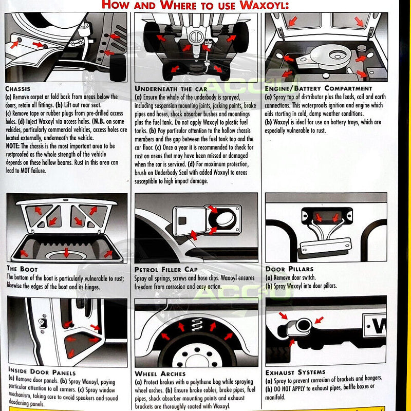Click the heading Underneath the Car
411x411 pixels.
(x=171, y=88)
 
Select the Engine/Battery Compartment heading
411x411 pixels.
(x=318, y=88)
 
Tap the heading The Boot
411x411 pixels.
(x=22, y=269)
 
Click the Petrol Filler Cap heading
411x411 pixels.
(x=166, y=269)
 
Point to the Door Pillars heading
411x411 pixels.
(x=289, y=268)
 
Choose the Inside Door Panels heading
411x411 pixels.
(x=42, y=372)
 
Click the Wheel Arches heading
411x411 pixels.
(x=160, y=373)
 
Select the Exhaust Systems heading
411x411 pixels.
(x=295, y=372)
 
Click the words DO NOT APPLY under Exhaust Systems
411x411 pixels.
(x=293, y=386)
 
